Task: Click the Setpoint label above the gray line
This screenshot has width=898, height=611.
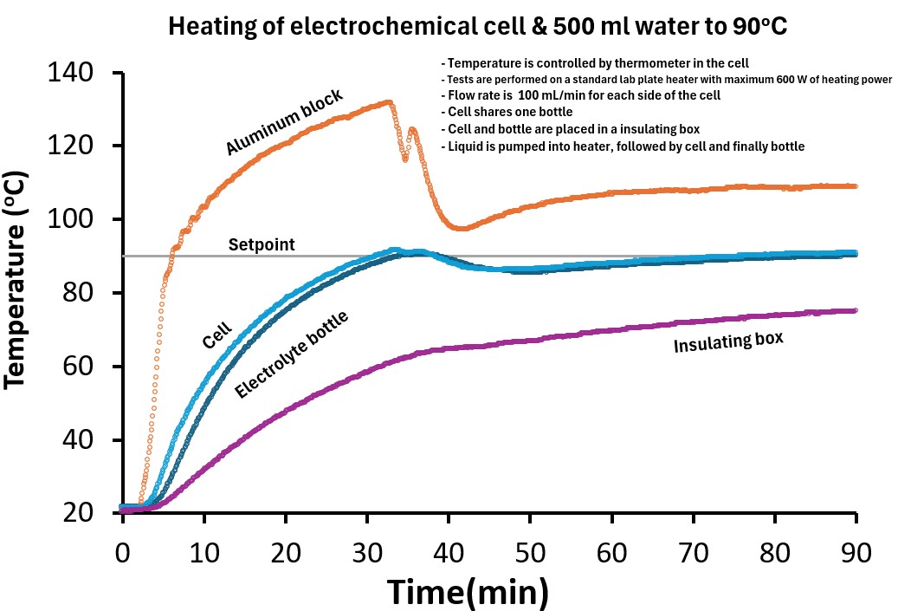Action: click(262, 245)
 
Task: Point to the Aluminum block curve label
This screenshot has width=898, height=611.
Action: click(285, 121)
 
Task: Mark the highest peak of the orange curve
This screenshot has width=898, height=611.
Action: click(389, 102)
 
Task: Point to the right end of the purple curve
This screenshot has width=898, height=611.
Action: click(855, 310)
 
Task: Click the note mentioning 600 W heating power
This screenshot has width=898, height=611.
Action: click(667, 80)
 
